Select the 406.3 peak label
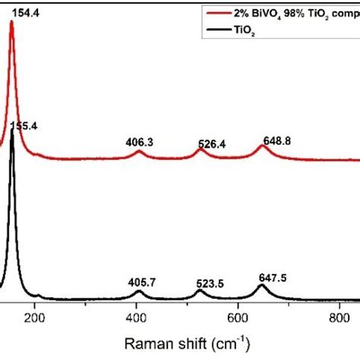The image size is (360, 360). (140, 141)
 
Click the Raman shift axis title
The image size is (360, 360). (186, 344)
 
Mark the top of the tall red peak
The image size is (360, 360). (11, 22)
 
